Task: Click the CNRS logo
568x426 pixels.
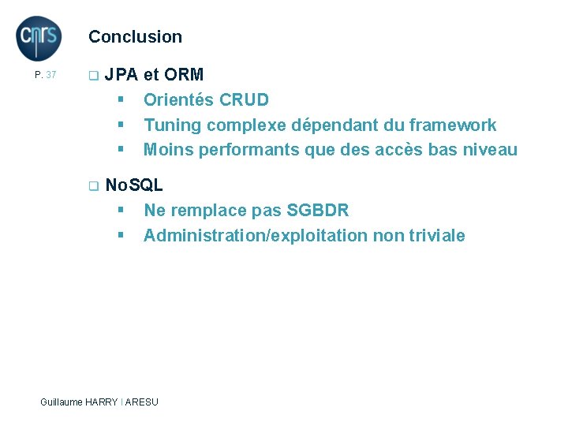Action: point(39,38)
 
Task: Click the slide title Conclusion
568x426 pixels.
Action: point(135,36)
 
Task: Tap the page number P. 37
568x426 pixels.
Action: point(46,75)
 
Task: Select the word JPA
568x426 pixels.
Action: point(121,75)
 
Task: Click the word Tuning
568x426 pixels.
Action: point(169,125)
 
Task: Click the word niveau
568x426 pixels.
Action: point(490,150)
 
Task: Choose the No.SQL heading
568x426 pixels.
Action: point(134,185)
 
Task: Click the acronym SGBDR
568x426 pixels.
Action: point(318,211)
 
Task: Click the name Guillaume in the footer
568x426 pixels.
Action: point(62,402)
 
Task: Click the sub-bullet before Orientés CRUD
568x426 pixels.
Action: point(121,100)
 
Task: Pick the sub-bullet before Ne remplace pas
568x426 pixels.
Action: point(121,211)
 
